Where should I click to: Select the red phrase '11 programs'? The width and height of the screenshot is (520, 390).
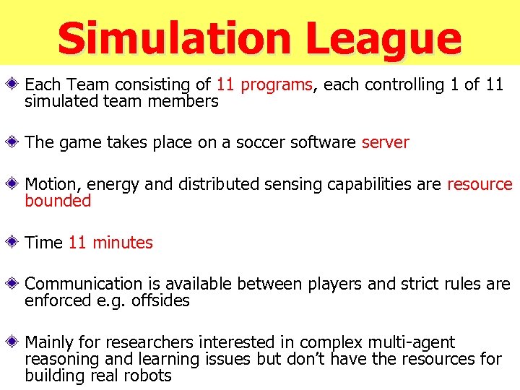(x=264, y=84)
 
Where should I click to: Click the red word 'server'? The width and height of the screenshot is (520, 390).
(x=385, y=142)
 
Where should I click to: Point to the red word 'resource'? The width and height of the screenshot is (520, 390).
(x=480, y=184)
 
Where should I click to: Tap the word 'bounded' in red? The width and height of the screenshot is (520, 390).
(x=58, y=201)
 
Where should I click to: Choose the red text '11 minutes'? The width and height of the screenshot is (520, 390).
(x=110, y=243)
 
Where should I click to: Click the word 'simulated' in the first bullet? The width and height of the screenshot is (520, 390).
(x=58, y=101)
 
